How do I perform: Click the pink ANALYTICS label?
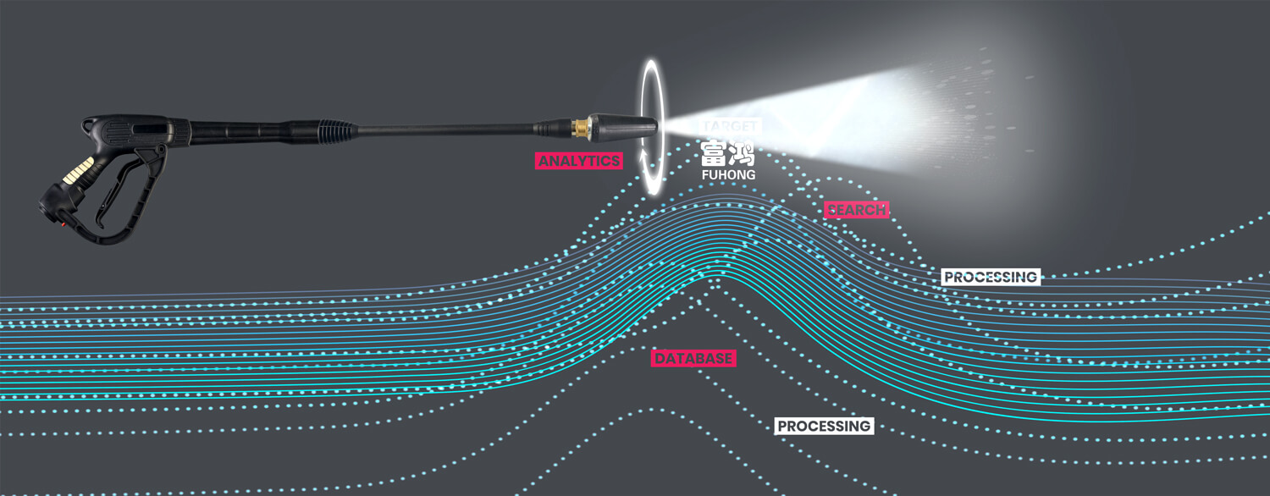pyautogui.click(x=579, y=161)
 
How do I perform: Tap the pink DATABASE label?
pyautogui.click(x=693, y=359)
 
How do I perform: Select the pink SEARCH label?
pyautogui.click(x=856, y=210)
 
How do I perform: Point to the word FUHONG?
pyautogui.click(x=728, y=174)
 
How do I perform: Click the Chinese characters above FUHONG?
pyautogui.click(x=727, y=152)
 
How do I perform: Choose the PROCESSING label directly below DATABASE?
pyautogui.click(x=824, y=426)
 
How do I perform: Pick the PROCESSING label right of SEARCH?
pyautogui.click(x=991, y=277)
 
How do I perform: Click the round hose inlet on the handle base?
pyautogui.click(x=52, y=207)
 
